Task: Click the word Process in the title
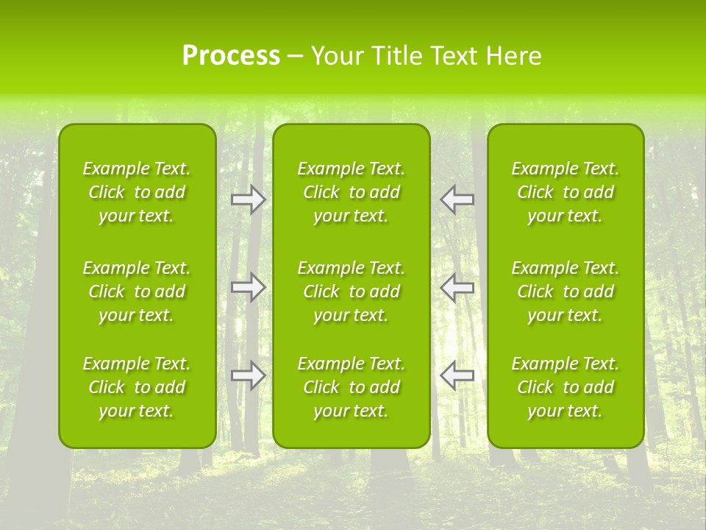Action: pos(231,56)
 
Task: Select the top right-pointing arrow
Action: pos(249,199)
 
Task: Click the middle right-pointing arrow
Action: pos(249,288)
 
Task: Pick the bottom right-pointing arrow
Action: pos(249,375)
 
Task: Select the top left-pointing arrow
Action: pos(457,199)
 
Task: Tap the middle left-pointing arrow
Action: pos(457,288)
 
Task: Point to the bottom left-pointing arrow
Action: pos(457,375)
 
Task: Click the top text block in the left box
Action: pos(137,192)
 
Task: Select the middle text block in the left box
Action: pos(137,291)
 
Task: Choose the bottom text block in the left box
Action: pos(137,387)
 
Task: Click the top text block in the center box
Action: pos(352,192)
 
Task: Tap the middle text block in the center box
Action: pos(352,291)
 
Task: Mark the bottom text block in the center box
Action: pos(352,387)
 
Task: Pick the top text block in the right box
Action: pos(566,192)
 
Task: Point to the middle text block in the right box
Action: pos(566,291)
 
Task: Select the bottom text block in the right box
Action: pos(566,387)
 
